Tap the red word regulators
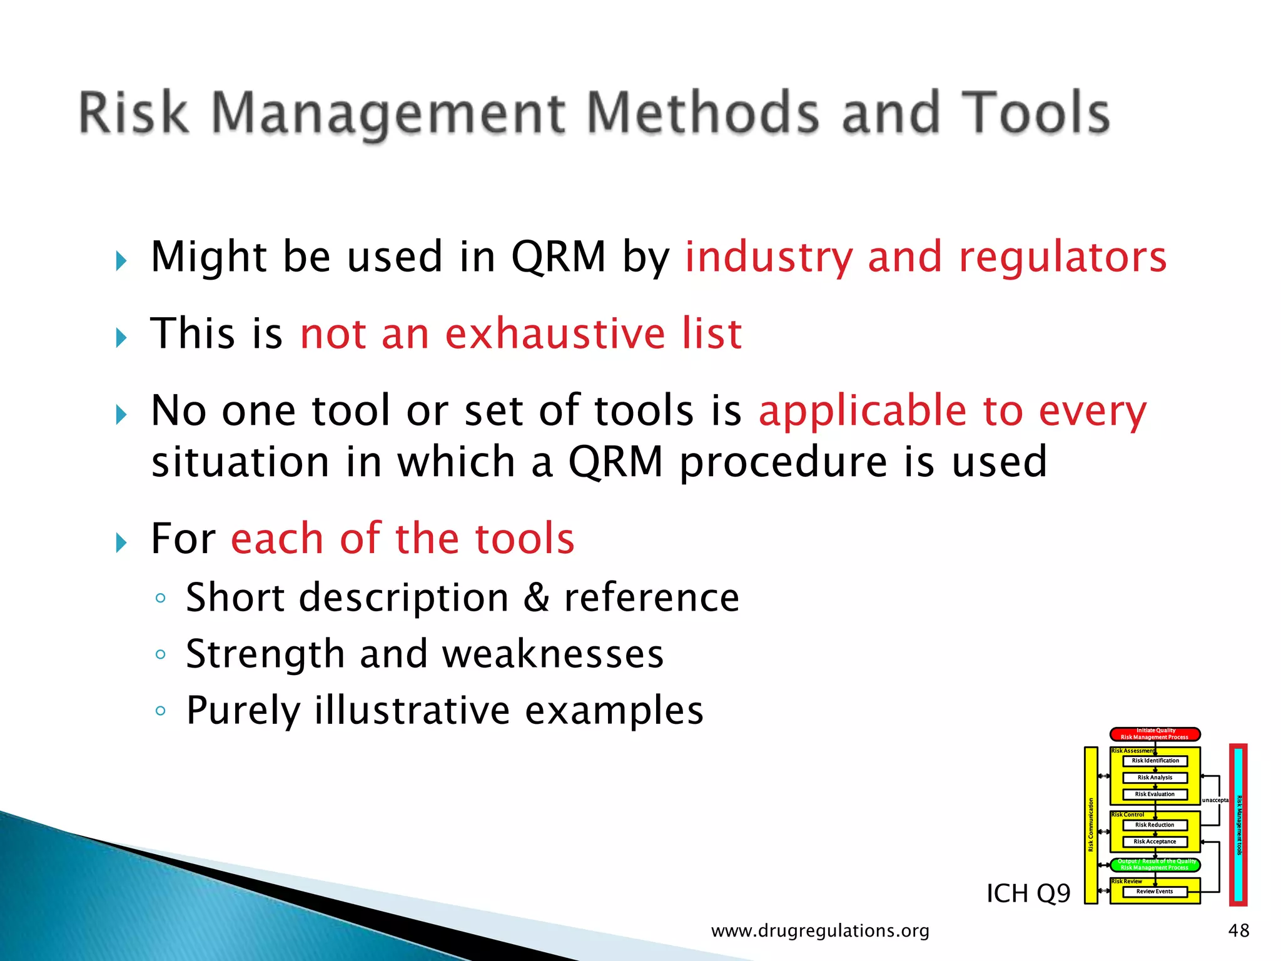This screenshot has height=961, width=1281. tap(1063, 257)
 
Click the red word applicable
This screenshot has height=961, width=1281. tap(863, 412)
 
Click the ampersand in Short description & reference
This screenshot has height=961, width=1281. tap(536, 597)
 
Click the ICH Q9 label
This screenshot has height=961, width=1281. tap(1028, 893)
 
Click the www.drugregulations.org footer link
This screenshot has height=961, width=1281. tap(820, 931)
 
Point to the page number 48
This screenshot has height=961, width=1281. tap(1238, 930)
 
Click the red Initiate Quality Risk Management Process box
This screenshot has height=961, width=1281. tap(1155, 734)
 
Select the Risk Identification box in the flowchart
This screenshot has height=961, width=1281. tap(1155, 761)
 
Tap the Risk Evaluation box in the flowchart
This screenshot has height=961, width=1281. tap(1155, 794)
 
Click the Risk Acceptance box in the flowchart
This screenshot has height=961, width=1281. tap(1155, 842)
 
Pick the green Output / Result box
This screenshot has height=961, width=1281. tap(1155, 865)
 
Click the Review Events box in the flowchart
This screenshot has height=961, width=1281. tap(1155, 892)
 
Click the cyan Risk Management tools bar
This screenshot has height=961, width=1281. tap(1238, 825)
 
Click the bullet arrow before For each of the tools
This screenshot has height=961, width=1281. tap(121, 542)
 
